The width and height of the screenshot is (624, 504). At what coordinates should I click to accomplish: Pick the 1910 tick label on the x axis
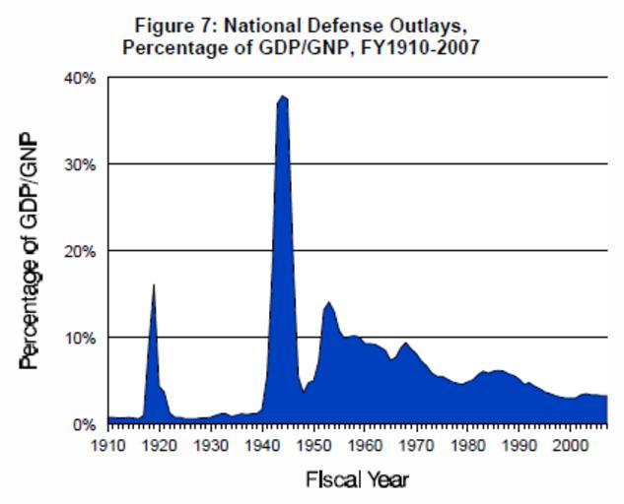click(108, 445)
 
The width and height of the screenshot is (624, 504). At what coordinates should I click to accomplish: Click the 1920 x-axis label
click(160, 445)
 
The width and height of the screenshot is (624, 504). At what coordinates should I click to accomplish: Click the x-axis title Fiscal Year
click(357, 480)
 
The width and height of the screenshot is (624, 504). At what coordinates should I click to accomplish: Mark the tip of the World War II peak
click(282, 96)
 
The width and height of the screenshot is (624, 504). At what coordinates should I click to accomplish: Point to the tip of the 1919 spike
click(154, 285)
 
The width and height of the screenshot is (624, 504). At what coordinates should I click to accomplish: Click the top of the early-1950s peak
click(328, 302)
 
